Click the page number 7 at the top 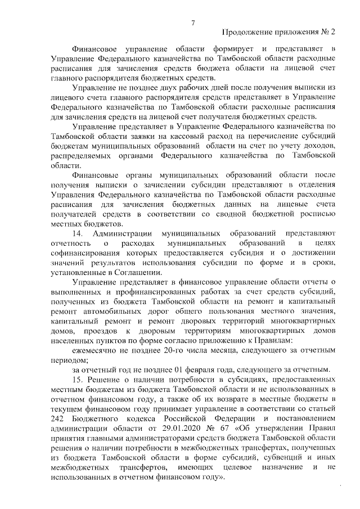click(x=192, y=22)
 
